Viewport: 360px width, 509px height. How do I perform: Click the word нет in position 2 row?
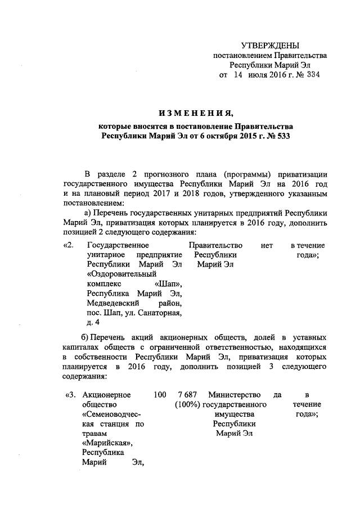(267, 245)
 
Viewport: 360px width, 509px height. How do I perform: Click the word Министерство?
(235, 395)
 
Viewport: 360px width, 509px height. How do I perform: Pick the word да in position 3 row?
(277, 395)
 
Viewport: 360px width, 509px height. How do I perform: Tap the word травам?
(94, 434)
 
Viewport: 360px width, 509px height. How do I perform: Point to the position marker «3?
(71, 395)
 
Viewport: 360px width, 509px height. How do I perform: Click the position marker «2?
(70, 245)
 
